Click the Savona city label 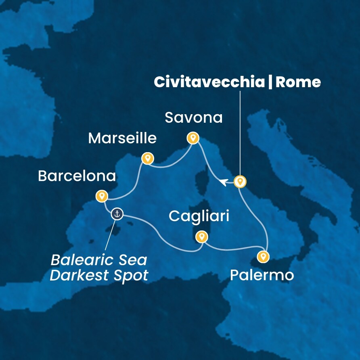tap(194, 118)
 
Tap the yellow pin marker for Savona tap(193, 138)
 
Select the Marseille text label tap(122, 138)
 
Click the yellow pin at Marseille tap(148, 158)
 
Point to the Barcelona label tap(77, 176)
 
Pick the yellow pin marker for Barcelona tap(101, 196)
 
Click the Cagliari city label tap(199, 216)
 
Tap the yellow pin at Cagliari tap(201, 236)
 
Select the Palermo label tap(262, 276)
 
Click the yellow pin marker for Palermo tap(263, 256)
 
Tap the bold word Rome tap(298, 82)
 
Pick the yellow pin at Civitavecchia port tap(240, 182)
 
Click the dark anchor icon tap(117, 214)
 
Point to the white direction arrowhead tap(224, 182)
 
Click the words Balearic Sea tap(99, 260)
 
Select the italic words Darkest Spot tap(99, 276)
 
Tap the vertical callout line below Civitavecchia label tap(240, 133)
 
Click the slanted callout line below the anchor tap(109, 237)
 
